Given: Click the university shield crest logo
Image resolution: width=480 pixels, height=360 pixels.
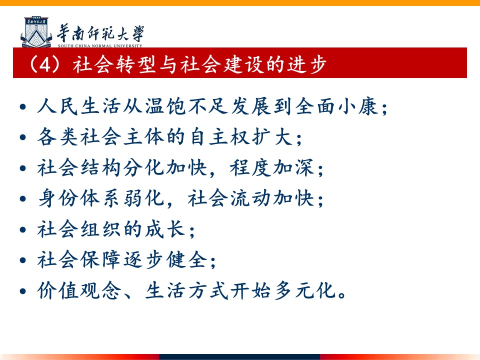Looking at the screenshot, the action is coord(36,32).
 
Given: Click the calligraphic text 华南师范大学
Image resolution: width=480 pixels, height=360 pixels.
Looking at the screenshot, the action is coord(100,33).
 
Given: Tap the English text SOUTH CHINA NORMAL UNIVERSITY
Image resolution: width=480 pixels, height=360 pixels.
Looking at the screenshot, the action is coord(100,46).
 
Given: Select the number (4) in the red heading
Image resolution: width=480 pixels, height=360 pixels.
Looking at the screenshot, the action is coord(44,64).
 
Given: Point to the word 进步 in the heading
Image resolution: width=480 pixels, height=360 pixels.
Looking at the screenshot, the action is coord(306,64).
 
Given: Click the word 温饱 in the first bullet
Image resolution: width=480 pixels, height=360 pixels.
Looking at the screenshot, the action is coord(165,106).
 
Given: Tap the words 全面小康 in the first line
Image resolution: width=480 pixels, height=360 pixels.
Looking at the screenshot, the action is coord(336,106).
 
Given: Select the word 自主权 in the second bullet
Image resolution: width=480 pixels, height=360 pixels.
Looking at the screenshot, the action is coord(219,137).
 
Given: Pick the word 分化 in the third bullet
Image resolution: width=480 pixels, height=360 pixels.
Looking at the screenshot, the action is coord(144,168).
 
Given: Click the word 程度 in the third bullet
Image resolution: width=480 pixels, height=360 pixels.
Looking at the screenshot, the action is coord(250,168).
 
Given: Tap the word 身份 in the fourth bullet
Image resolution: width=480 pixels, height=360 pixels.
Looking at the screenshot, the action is coord(58,198).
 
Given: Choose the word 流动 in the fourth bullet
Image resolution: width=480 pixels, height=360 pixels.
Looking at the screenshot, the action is coord(250,198).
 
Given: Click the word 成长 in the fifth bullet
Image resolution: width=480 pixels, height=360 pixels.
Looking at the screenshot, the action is coord(165,229).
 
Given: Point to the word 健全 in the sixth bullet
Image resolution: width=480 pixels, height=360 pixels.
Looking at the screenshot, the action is coord(186,259).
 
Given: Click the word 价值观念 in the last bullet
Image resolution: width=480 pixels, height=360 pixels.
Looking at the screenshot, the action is coord(79,290).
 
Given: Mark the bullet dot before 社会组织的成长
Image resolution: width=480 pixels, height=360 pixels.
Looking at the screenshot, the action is coord(22,229).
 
